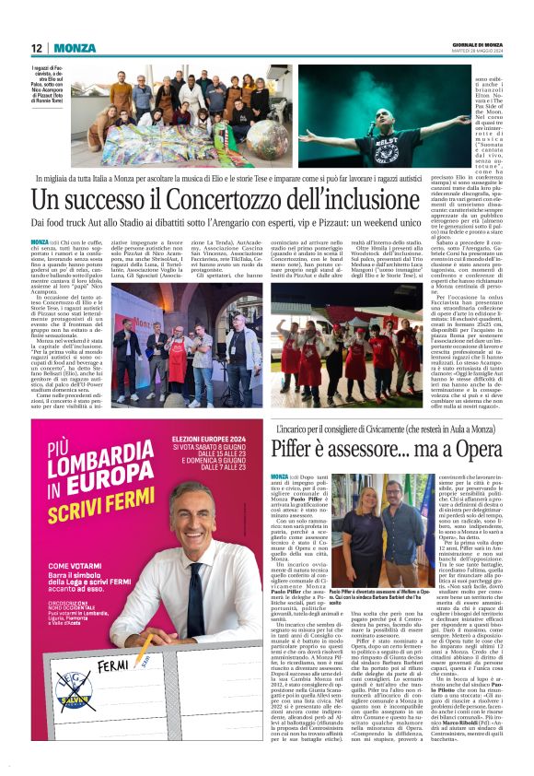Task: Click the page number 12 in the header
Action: point(36,48)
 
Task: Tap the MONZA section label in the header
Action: point(75,48)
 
